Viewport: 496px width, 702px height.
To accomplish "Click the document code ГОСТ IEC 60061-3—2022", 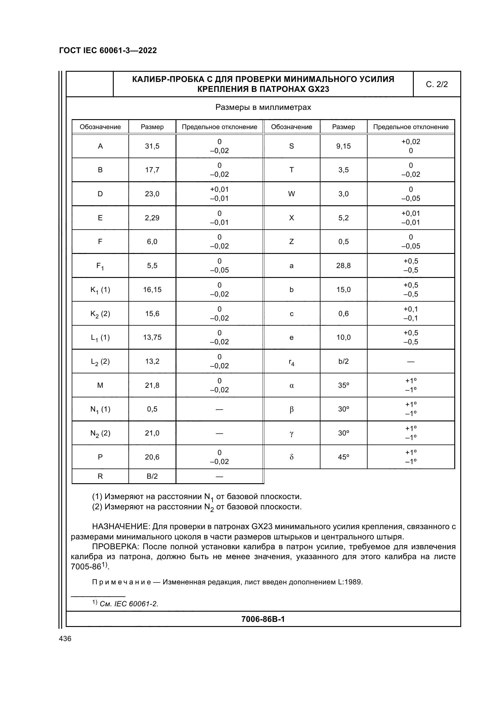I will (108, 50).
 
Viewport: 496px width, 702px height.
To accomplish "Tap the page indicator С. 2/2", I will (436, 84).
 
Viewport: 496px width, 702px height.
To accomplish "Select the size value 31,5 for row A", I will (152, 146).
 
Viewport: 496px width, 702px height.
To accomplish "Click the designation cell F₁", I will (100, 266).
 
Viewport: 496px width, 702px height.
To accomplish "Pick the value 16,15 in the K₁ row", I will (152, 290).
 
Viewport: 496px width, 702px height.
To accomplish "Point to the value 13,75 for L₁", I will (152, 337).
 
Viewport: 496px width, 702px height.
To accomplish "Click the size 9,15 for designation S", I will (344, 146).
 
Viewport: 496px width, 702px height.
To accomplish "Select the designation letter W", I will (292, 194).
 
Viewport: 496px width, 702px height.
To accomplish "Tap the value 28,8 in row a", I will (344, 266).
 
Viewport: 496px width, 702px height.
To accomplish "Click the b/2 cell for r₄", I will (344, 361).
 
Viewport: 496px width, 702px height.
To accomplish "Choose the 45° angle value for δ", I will (344, 457).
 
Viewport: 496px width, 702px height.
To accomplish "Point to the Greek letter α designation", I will (292, 385).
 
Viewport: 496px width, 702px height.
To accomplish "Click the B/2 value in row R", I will (152, 476).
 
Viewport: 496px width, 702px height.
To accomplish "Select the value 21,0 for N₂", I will (152, 433).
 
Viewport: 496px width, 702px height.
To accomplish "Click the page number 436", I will (65, 638).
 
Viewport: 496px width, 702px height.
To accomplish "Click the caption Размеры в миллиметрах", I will (263, 107).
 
